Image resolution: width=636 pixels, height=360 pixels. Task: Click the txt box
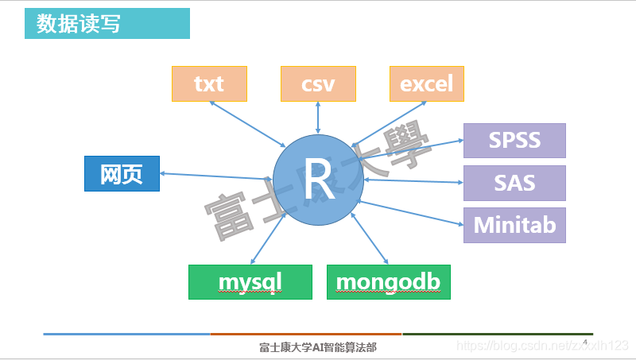coord(209,83)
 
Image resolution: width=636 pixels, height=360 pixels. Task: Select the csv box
coord(318,83)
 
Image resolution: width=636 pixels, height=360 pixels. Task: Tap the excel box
coord(427,83)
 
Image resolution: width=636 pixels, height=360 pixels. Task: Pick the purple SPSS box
coord(514,141)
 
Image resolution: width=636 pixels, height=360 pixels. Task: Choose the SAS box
coord(514,183)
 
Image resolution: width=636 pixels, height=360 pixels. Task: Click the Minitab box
coord(514,225)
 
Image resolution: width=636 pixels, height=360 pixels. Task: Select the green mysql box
coord(250,282)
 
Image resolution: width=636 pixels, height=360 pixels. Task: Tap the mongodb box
coord(388,282)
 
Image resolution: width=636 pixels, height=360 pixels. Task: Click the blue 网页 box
coord(122,174)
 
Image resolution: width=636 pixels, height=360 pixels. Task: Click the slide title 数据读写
coord(73,23)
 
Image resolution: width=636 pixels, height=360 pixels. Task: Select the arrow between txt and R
coord(254,124)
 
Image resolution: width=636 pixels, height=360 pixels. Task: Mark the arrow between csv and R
coord(318,118)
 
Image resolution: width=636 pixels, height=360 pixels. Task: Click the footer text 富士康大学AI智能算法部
coord(318,347)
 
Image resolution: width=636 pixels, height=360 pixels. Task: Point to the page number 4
coord(585,342)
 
